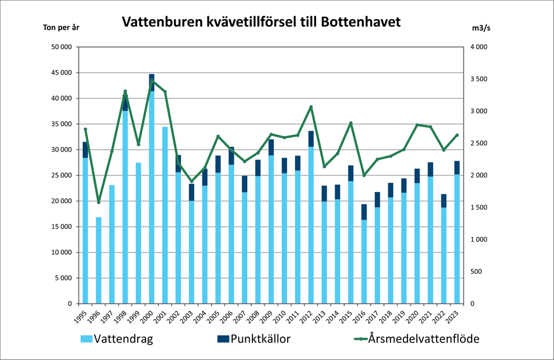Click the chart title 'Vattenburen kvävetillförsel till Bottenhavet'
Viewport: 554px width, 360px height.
(x=261, y=22)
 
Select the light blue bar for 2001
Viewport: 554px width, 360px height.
(x=165, y=215)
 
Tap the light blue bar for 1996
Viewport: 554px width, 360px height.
(x=98, y=260)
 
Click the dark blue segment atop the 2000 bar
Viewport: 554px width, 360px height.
(x=152, y=82)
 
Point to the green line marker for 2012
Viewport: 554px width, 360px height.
(x=311, y=107)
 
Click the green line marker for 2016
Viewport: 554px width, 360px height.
(x=364, y=175)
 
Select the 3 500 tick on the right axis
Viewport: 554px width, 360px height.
(x=480, y=80)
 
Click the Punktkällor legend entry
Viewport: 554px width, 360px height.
(x=252, y=339)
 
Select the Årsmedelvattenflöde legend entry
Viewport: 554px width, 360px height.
(x=419, y=339)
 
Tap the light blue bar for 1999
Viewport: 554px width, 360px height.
(x=138, y=233)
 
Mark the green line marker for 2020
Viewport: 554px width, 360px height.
(x=417, y=125)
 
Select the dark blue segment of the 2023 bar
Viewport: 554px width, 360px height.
(x=457, y=167)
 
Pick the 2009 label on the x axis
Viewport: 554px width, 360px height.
(x=270, y=315)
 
